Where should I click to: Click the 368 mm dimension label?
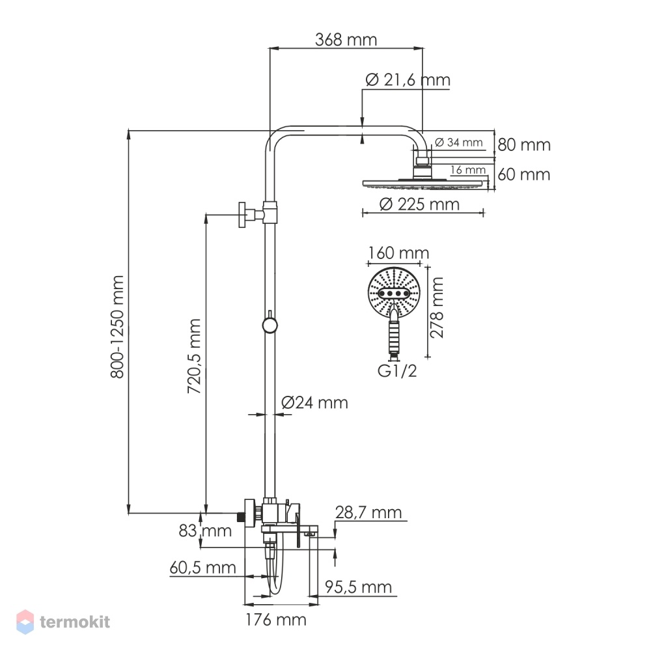point(346,40)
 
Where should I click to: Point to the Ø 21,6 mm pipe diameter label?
point(408,79)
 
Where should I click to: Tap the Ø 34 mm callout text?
point(458,143)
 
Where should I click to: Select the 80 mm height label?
point(524,145)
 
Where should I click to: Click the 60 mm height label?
point(524,174)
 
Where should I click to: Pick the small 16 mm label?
point(468,170)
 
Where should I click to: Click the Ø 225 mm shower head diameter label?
point(419,204)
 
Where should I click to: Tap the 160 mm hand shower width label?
point(398,253)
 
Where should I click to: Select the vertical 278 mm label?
point(437,308)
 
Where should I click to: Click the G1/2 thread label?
point(397,371)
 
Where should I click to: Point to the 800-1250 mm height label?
point(117,327)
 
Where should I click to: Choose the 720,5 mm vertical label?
point(194,356)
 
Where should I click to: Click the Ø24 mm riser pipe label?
point(314,403)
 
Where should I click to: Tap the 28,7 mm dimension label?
point(368,512)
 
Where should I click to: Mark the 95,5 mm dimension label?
point(358,587)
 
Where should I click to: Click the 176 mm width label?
point(275,620)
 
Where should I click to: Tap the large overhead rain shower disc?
point(425,183)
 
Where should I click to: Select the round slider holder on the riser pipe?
point(270,325)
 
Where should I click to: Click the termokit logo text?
point(75,622)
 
